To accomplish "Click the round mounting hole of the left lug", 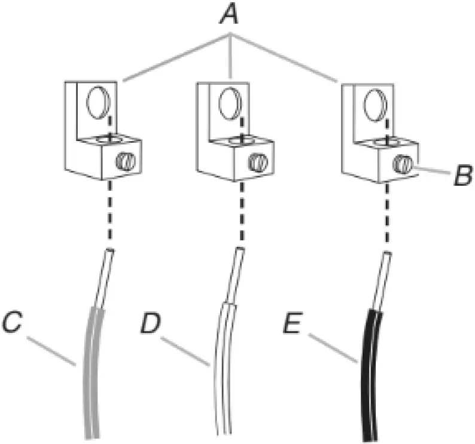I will pos(97,103).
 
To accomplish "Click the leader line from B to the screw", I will pos(432,172).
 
